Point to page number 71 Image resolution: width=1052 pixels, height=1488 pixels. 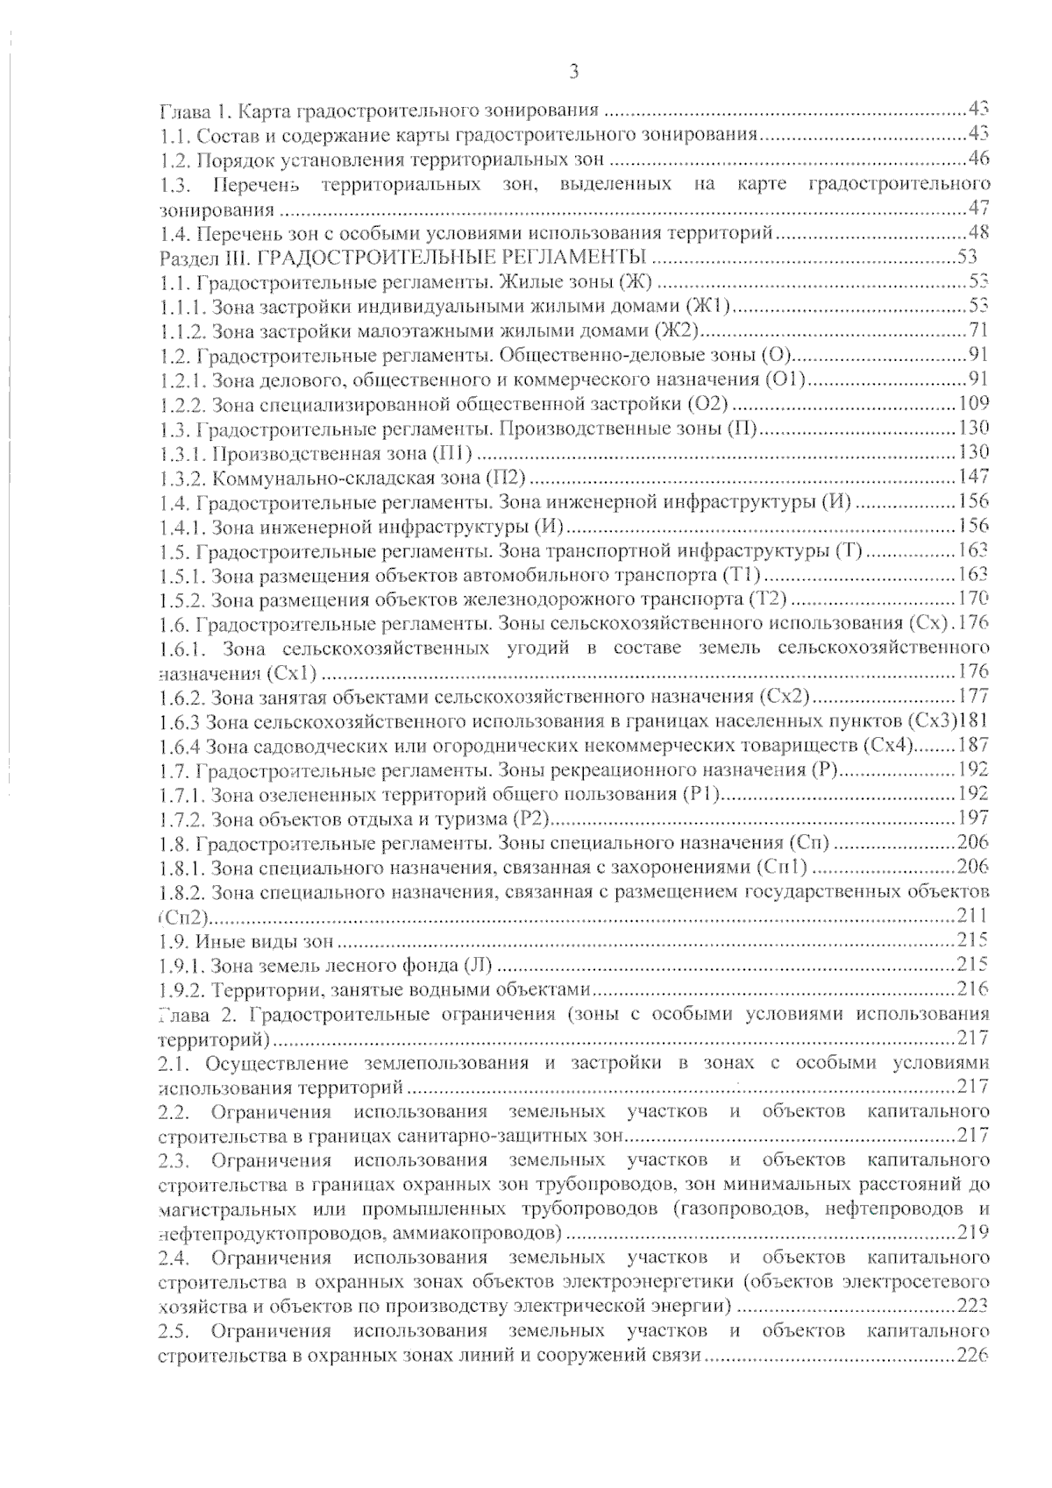pos(979,330)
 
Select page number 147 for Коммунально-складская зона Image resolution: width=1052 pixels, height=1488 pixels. pos(972,477)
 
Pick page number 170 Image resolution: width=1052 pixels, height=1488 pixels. pos(972,599)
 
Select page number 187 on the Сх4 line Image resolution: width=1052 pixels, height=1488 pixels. pos(972,746)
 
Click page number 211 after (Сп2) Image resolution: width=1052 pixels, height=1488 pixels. pos(972,917)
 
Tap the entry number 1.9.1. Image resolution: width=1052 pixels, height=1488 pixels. pos(182,966)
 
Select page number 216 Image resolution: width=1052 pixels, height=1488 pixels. pos(972,990)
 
